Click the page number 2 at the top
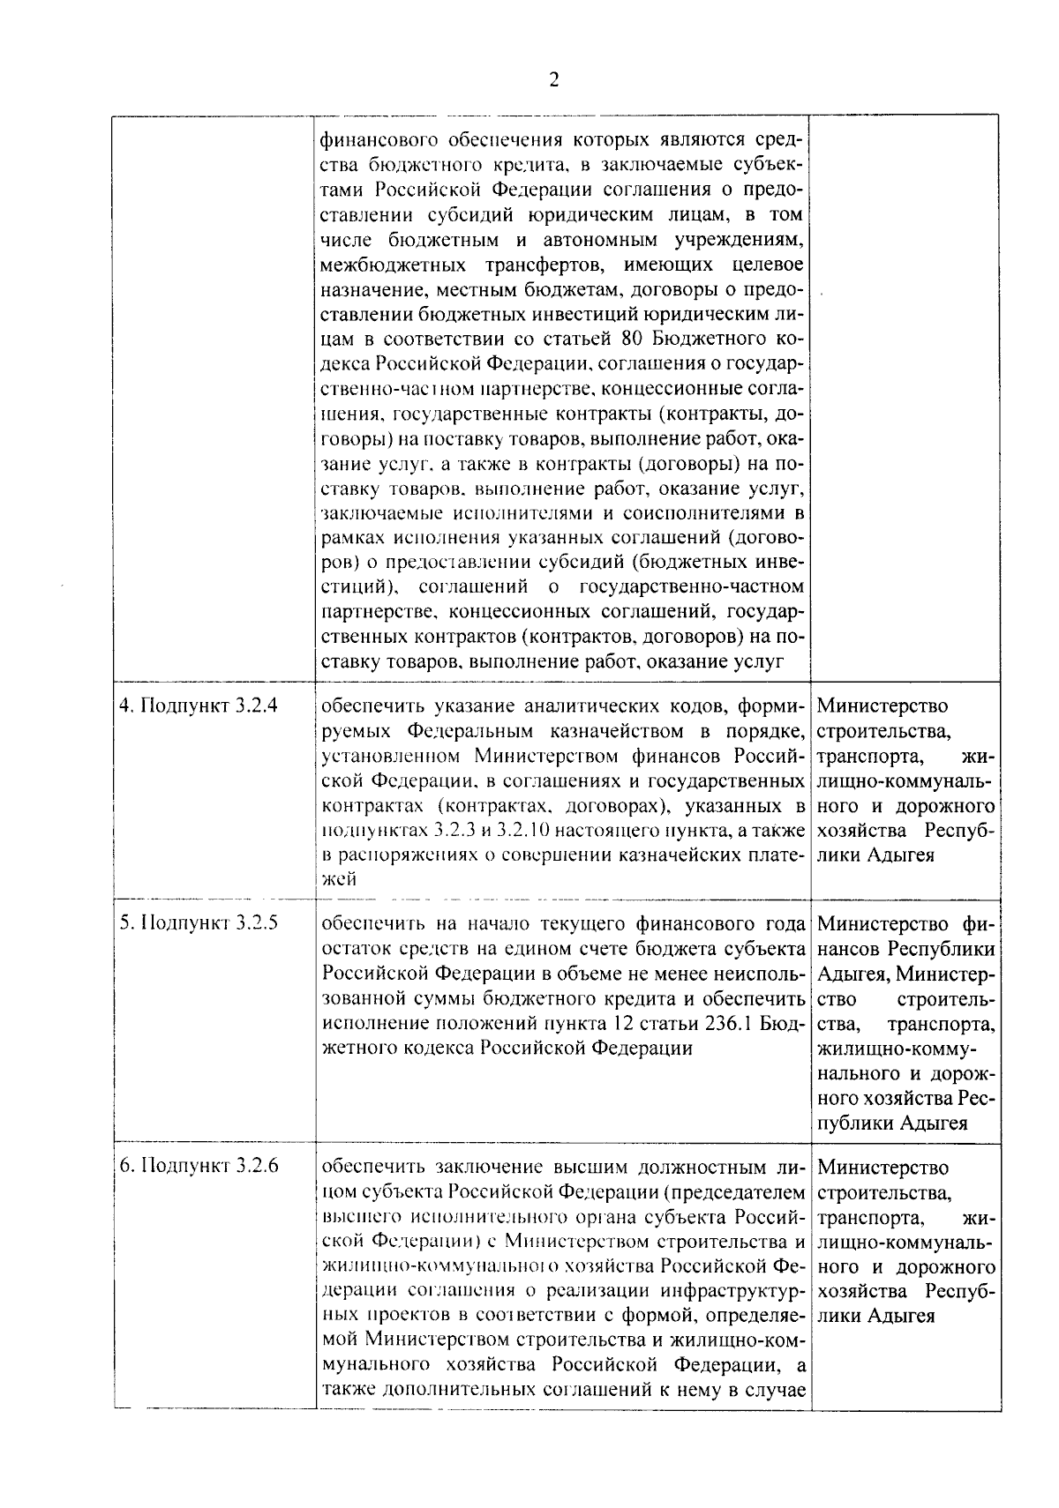[553, 80]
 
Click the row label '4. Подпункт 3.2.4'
[199, 706]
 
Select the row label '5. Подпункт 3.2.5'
[199, 923]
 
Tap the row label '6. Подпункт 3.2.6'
[199, 1166]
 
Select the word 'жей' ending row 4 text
[339, 879]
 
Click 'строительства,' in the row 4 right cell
[884, 731]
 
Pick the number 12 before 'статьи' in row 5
[623, 1023]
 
